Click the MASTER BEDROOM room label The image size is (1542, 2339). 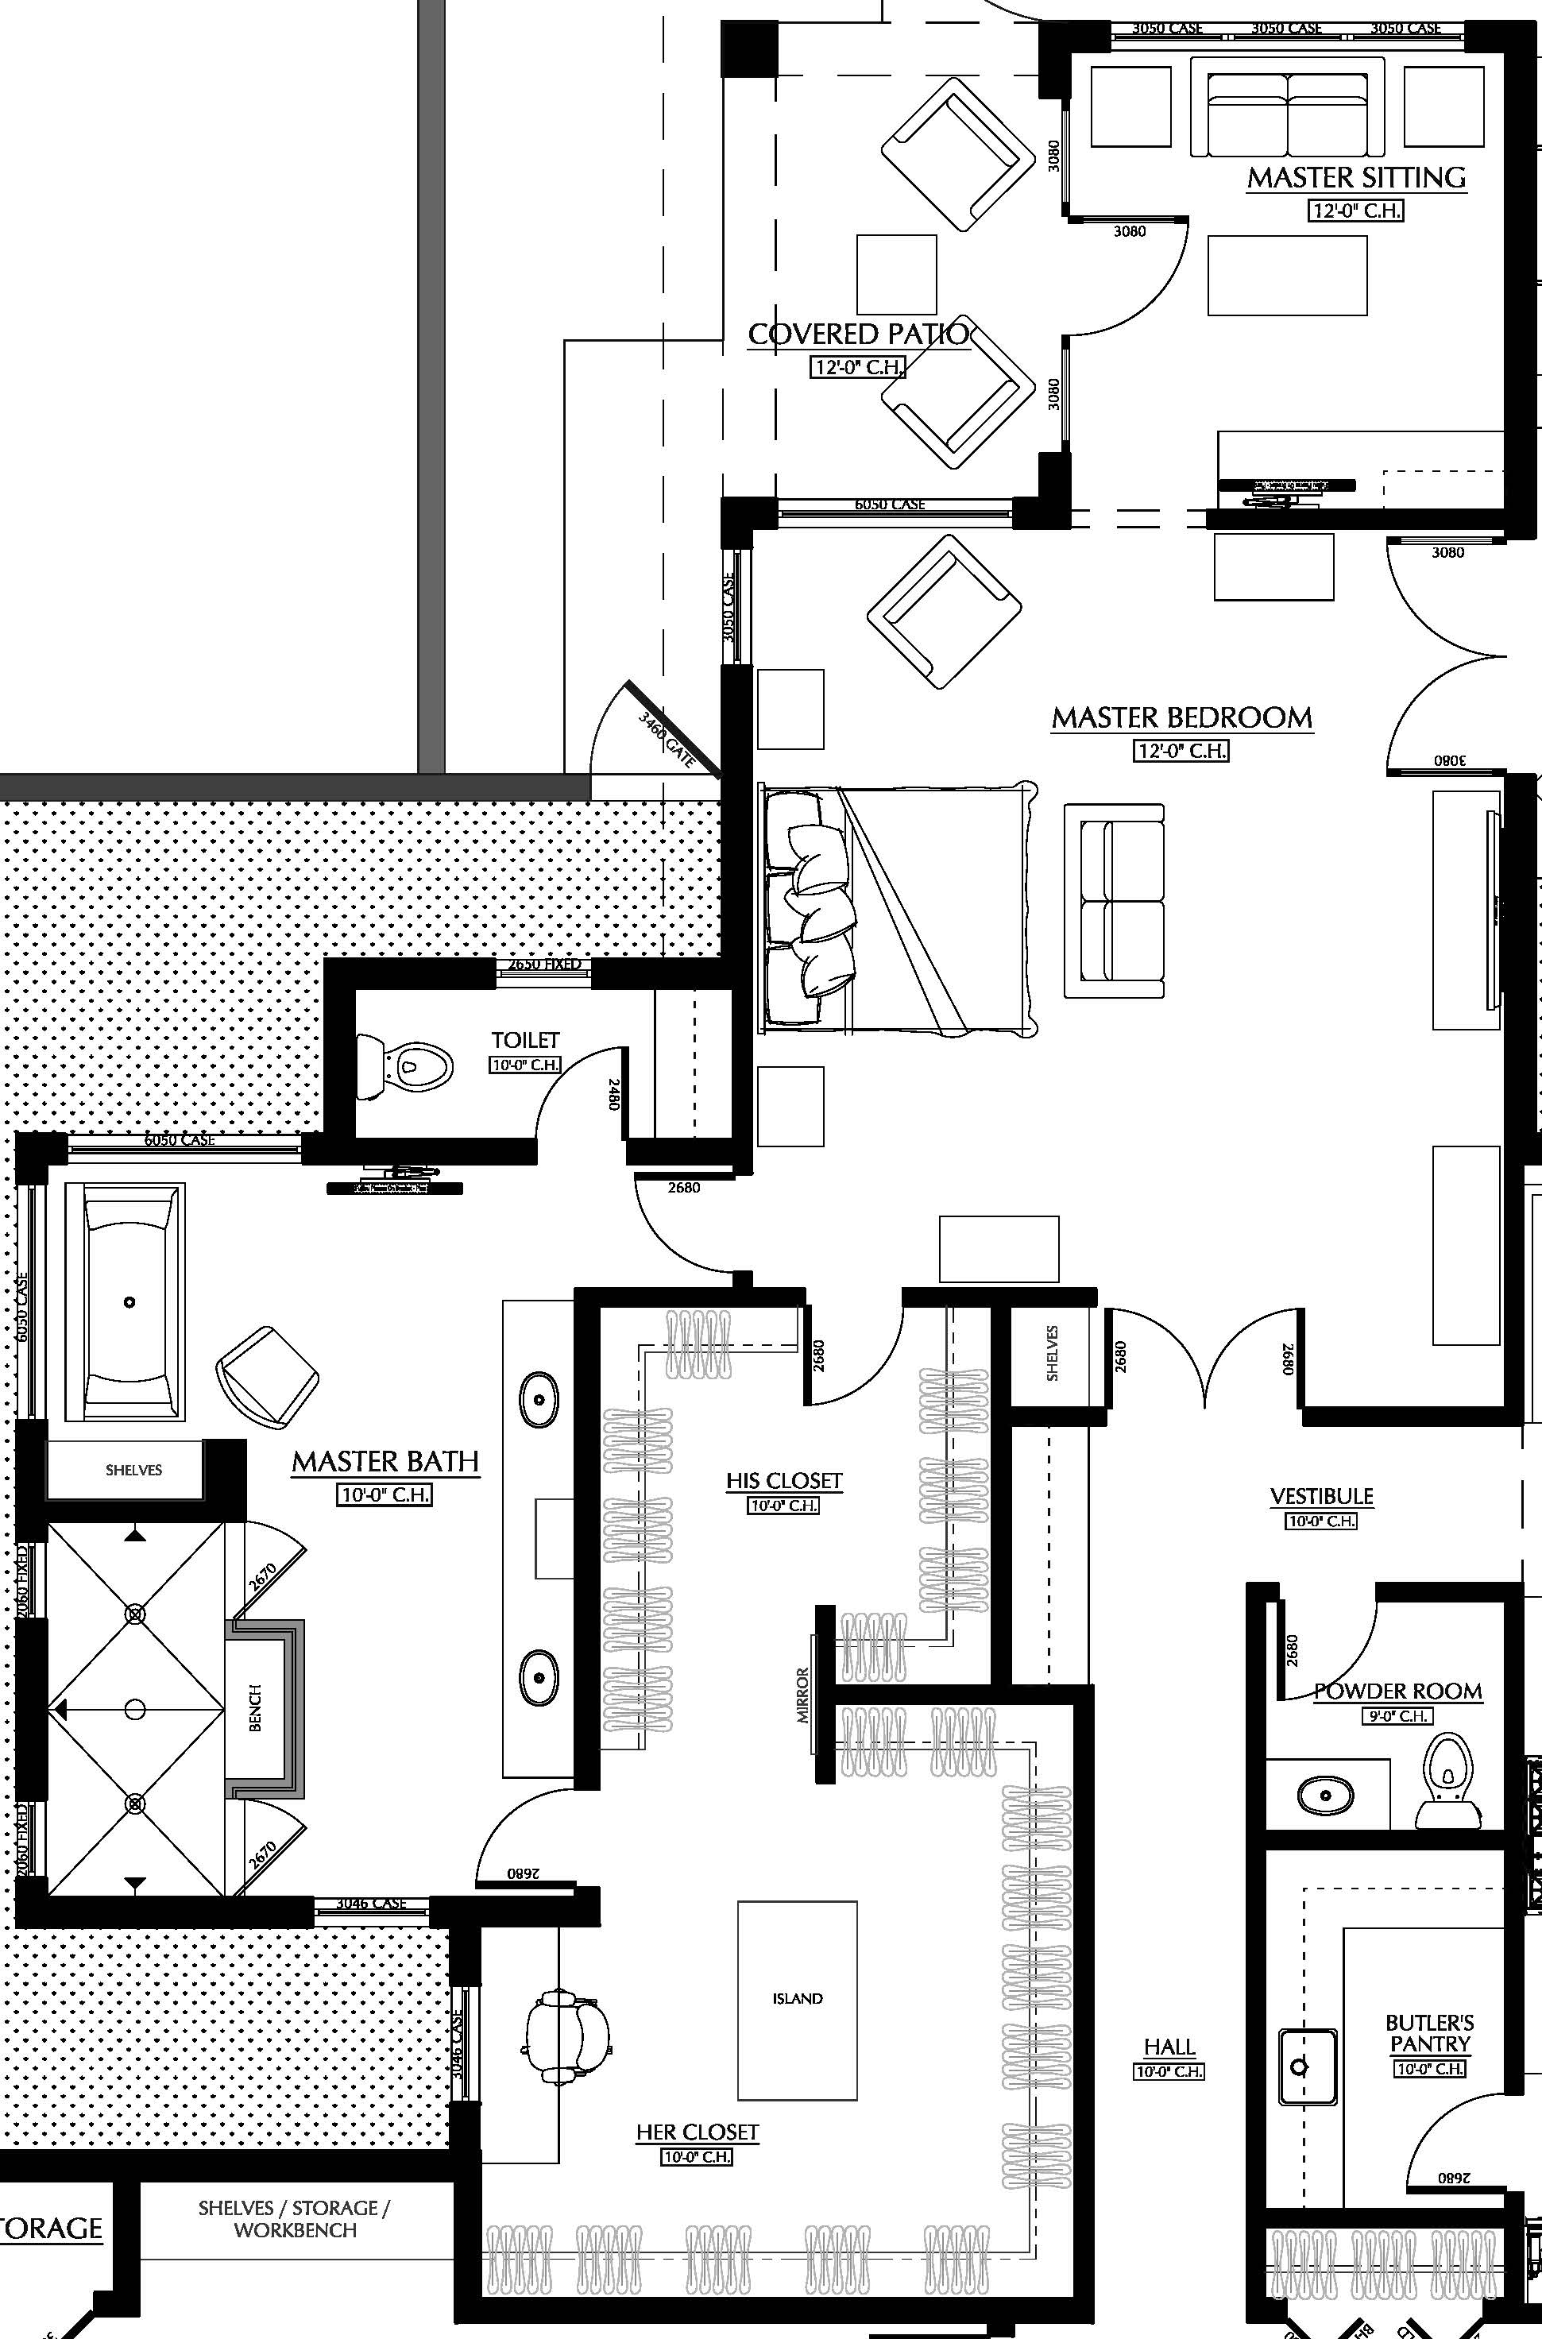tap(1182, 717)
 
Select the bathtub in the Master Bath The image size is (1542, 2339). tap(125, 1301)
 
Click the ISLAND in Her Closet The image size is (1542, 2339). tap(797, 2000)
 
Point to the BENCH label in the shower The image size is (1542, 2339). tap(255, 1708)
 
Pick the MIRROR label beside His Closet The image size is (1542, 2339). tap(803, 1695)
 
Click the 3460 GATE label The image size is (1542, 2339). tap(667, 740)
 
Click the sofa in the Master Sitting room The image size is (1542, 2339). tap(1286, 107)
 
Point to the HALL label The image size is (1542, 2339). tap(1169, 2047)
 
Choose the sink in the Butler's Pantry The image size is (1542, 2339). tap(1307, 2066)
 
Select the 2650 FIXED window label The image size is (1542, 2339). tap(544, 965)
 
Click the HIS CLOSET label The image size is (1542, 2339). tap(784, 1481)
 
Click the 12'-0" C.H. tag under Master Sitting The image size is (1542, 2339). tap(1355, 211)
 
